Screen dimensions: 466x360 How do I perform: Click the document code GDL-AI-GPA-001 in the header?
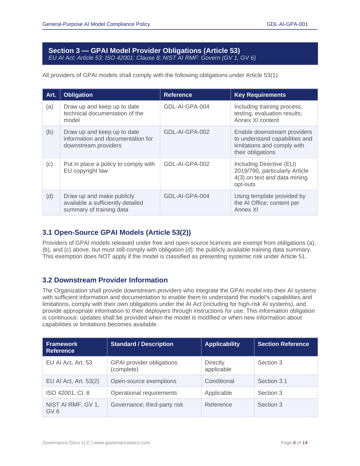tap(287, 24)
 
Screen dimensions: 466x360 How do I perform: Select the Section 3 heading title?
tap(144, 51)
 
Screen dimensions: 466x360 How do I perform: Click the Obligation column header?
tap(78, 95)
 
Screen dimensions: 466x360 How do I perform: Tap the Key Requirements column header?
tap(260, 95)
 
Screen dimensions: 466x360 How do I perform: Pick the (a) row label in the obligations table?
tap(50, 107)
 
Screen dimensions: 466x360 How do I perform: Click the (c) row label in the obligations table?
tap(50, 164)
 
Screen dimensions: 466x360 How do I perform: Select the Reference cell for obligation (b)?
tap(186, 132)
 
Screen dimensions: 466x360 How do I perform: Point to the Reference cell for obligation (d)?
tap(186, 196)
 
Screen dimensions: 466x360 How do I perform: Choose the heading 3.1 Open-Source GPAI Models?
tap(116, 232)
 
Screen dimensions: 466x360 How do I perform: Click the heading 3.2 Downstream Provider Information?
tap(105, 280)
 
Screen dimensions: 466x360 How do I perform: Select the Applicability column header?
tap(222, 344)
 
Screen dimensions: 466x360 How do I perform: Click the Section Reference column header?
tap(283, 344)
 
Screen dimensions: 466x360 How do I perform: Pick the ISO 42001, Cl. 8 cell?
tap(68, 393)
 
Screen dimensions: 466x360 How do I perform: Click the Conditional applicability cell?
tap(219, 381)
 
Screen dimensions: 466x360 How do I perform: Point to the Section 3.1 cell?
tap(272, 381)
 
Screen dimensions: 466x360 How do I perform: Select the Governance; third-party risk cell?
tap(147, 405)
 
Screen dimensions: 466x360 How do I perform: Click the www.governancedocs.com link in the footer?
tap(122, 443)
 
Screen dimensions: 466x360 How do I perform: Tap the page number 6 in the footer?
tap(294, 443)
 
